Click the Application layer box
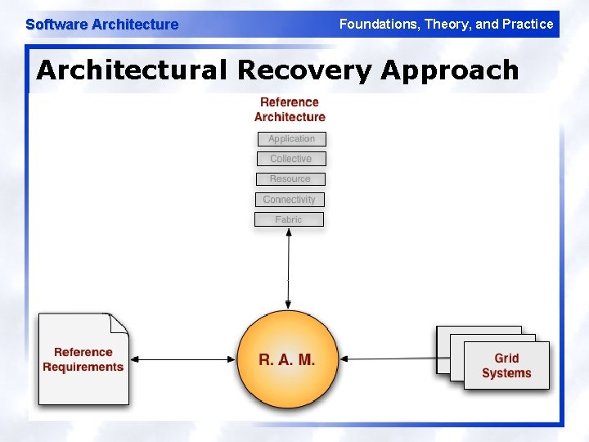tap(291, 139)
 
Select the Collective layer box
tap(290, 159)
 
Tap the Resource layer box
tap(290, 179)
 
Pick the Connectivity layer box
tap(289, 200)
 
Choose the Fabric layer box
tap(289, 219)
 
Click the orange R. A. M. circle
tap(287, 360)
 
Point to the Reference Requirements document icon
tap(83, 360)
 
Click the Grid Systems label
tap(506, 366)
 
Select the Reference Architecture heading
tap(290, 110)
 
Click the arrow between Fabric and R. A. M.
tap(288, 270)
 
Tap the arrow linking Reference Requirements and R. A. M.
tap(183, 359)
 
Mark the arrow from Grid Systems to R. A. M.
tap(389, 359)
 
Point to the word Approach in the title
tap(449, 70)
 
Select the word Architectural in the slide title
tap(131, 70)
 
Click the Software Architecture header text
tap(101, 25)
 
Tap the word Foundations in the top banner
tap(377, 24)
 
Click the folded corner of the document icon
tap(119, 323)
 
